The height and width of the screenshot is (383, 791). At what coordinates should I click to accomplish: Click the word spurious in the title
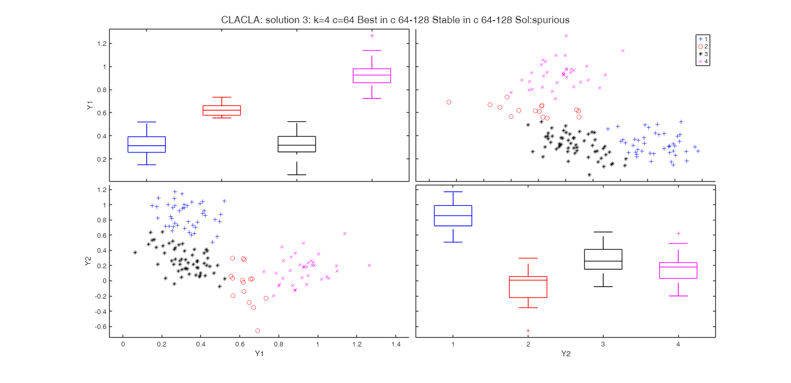551,20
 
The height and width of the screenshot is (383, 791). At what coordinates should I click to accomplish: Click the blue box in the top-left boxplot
147,145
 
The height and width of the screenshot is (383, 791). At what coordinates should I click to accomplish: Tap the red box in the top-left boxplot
221,111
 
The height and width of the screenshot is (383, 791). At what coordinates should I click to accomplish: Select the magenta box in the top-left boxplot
372,76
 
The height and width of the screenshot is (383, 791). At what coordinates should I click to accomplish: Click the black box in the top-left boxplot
297,144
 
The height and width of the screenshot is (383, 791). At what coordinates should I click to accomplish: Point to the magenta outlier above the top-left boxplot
372,36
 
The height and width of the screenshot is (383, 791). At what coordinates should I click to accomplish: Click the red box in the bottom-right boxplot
528,287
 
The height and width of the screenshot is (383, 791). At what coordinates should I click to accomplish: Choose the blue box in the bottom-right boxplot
453,216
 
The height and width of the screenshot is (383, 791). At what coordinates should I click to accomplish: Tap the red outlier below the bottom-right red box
528,330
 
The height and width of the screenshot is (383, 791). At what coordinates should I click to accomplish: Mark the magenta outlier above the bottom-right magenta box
678,234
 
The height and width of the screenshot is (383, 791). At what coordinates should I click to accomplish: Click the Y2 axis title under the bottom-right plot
565,354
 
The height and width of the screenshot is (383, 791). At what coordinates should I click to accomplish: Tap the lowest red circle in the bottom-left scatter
257,330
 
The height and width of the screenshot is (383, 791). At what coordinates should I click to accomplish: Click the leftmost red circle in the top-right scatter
449,102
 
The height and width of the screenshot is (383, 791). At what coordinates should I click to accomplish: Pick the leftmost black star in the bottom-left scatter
135,253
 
